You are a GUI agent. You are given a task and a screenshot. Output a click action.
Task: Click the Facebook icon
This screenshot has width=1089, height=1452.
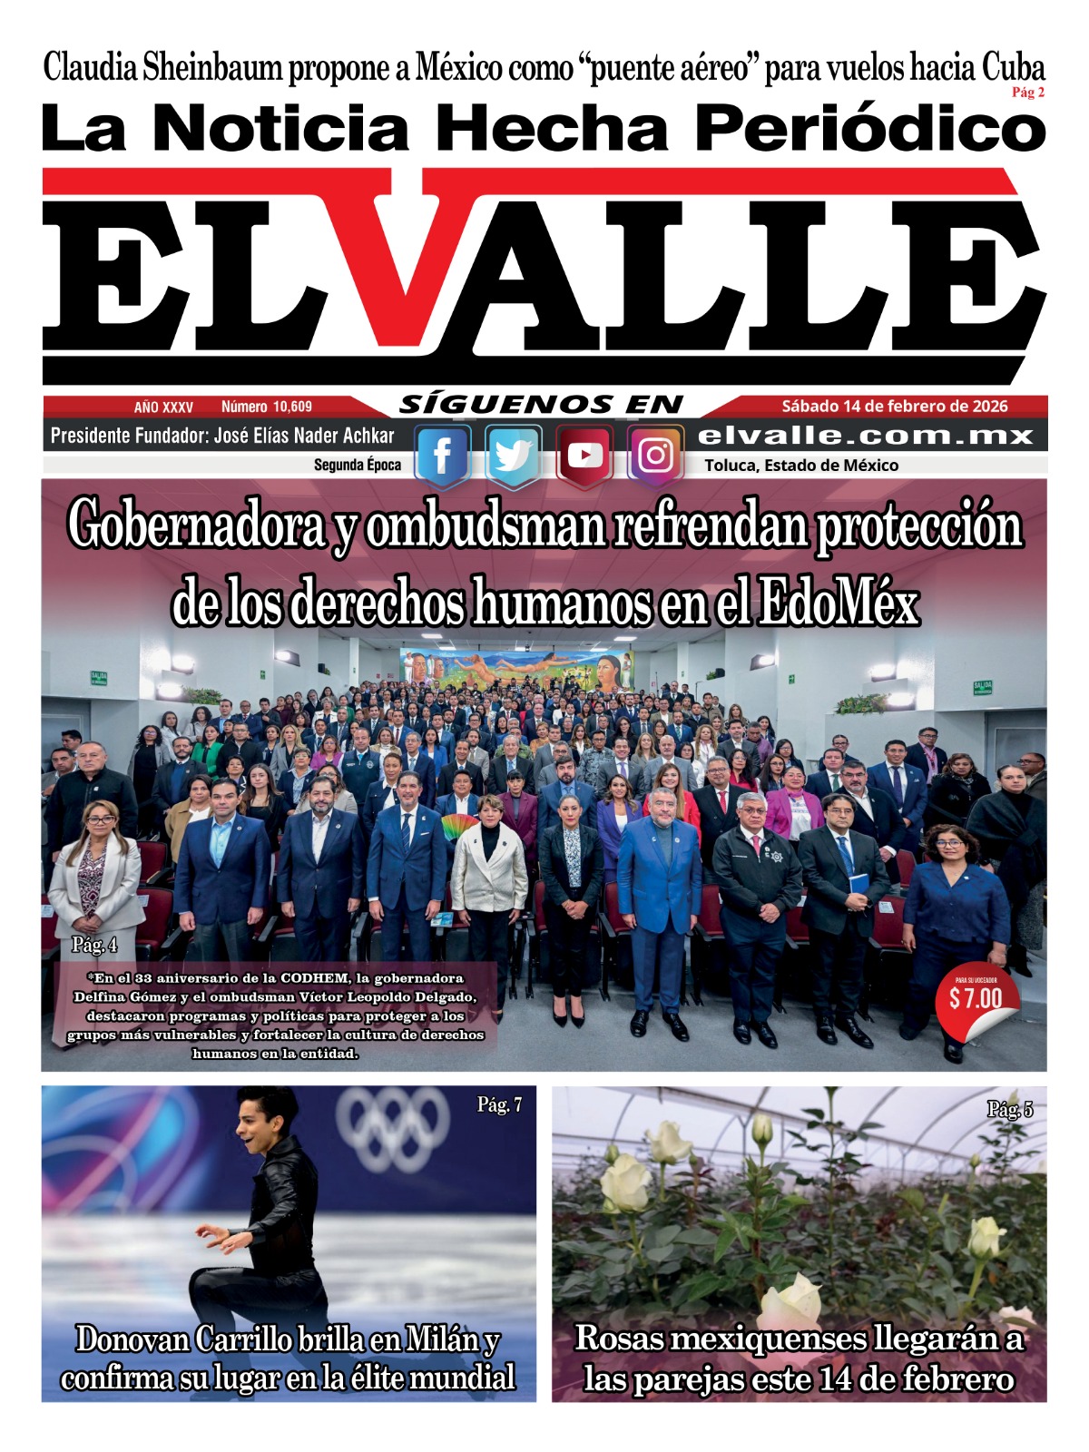(442, 456)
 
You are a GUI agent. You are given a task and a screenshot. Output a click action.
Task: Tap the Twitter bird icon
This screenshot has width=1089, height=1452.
(513, 456)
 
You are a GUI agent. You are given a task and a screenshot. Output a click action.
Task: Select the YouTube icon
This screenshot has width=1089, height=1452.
(584, 456)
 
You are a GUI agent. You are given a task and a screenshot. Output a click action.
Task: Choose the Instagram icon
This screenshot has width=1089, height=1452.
(655, 456)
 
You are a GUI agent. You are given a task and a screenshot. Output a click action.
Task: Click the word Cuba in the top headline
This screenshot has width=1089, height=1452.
(1013, 68)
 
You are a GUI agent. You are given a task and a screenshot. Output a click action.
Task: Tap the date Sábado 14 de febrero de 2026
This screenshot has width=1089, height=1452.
(894, 406)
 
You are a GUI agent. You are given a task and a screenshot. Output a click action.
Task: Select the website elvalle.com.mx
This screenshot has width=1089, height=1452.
(866, 436)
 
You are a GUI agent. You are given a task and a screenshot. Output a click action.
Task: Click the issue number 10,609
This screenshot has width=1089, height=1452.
(267, 407)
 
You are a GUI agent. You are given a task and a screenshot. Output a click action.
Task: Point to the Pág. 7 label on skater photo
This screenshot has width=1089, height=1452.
(499, 1104)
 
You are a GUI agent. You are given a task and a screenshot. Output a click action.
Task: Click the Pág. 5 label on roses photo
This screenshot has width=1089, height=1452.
(1009, 1109)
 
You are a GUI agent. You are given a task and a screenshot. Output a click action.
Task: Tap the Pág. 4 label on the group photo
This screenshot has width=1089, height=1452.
(94, 945)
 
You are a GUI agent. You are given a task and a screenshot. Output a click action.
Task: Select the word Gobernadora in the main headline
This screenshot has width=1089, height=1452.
(196, 526)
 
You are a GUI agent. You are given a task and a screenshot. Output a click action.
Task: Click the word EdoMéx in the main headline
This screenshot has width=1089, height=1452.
(839, 603)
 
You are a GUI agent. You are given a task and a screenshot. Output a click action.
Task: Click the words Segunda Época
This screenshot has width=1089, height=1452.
(357, 466)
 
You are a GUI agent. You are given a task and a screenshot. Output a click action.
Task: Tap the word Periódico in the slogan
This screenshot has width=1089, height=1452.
(869, 129)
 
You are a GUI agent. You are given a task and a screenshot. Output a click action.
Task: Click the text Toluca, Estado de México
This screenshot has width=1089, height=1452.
(801, 466)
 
